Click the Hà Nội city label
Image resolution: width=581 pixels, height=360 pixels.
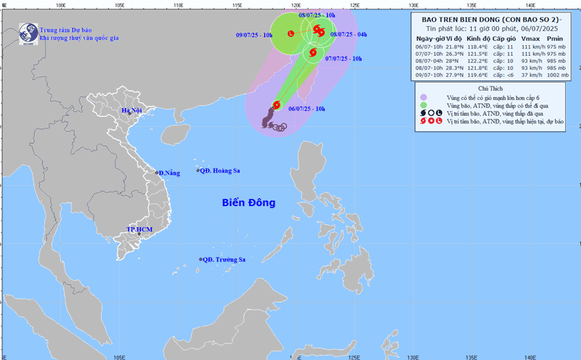click(131, 111)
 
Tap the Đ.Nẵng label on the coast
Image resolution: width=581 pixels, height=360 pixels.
click(168, 173)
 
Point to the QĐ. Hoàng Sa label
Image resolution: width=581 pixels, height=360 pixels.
click(221, 171)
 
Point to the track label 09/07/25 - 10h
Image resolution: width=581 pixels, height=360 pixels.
click(255, 35)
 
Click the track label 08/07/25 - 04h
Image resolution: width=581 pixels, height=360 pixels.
click(349, 34)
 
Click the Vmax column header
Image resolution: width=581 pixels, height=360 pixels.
click(529, 37)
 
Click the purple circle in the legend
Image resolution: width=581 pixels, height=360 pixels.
click(423, 96)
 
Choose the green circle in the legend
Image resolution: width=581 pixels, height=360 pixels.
click(423, 105)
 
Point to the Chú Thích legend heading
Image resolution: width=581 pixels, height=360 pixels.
click(492, 87)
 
